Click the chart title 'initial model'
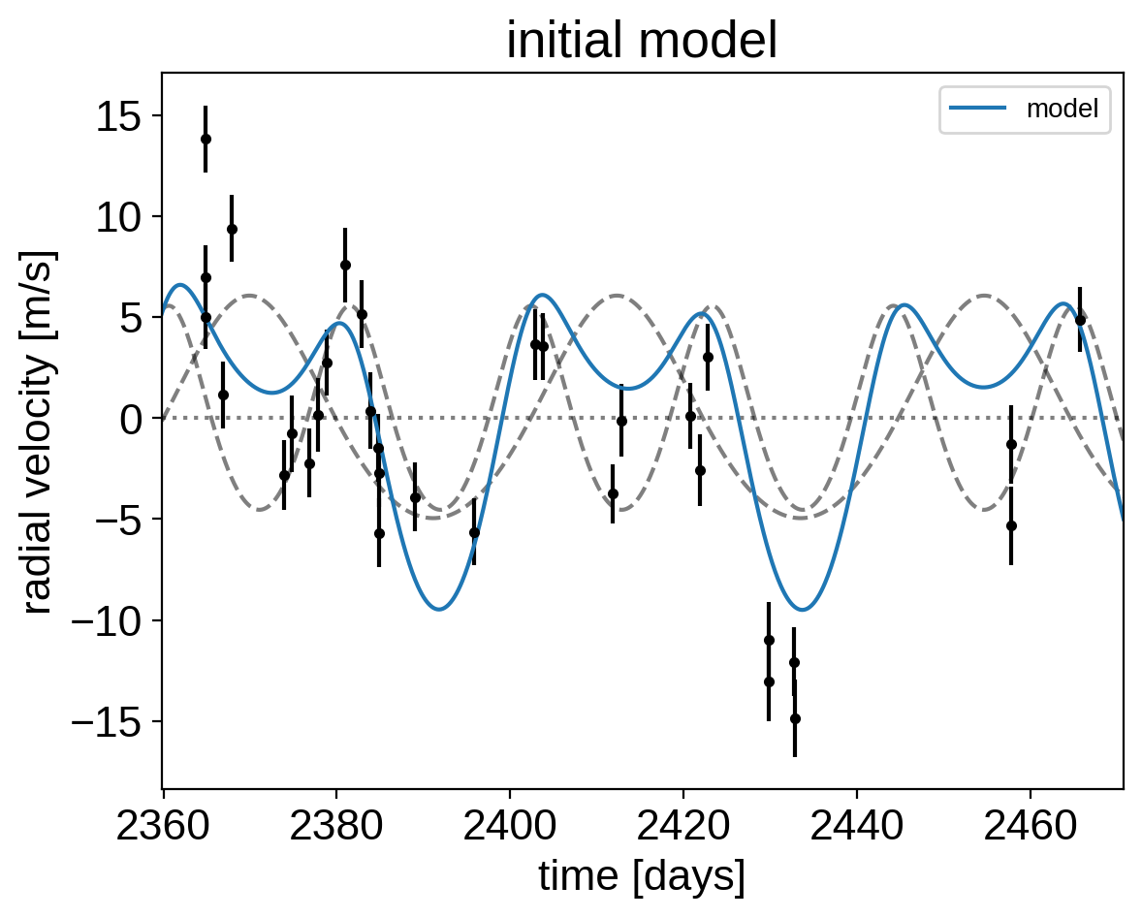(x=642, y=41)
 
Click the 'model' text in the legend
(x=1062, y=109)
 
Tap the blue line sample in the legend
(x=978, y=109)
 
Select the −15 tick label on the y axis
(x=107, y=721)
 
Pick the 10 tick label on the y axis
(x=118, y=217)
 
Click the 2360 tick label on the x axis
(x=163, y=827)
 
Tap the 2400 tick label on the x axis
(x=510, y=827)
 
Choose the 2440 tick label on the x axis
(x=857, y=827)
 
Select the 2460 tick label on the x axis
(x=1030, y=827)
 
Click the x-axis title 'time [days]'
(x=642, y=876)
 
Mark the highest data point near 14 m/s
(x=206, y=139)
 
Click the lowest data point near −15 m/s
(x=795, y=718)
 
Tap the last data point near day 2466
(x=1080, y=320)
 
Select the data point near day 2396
(x=474, y=533)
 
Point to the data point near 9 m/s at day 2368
(x=232, y=230)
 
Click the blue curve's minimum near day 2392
(x=439, y=609)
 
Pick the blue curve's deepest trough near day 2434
(x=803, y=610)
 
